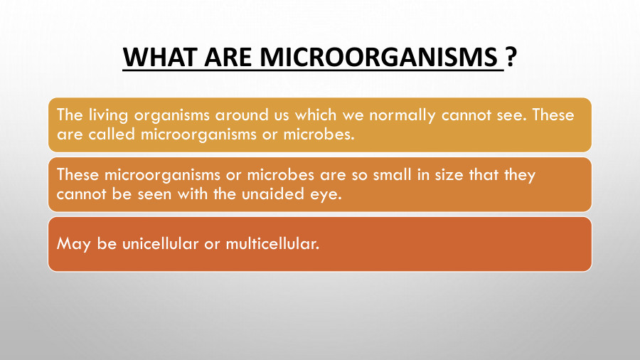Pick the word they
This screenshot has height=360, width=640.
click(520, 175)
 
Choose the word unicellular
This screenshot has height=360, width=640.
click(149, 243)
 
